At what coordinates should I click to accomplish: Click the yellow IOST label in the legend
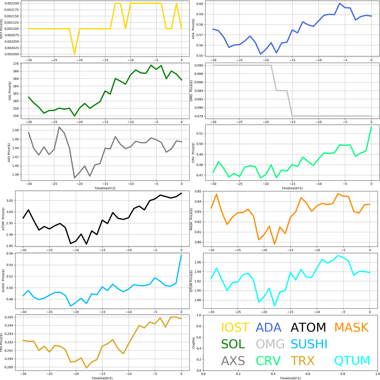coord(235,327)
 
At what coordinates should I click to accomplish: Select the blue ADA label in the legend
coord(271,327)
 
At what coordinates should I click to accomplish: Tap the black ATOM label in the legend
coord(308,327)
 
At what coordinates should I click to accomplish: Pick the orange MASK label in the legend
coord(351,327)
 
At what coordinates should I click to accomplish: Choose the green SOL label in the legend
coord(233,344)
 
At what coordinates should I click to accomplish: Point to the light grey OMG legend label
coord(270,344)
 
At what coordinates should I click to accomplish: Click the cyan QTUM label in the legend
coord(352,360)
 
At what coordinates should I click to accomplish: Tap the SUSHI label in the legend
coord(309,344)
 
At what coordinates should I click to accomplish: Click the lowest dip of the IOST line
coord(75,54)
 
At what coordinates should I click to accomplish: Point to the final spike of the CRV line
coord(371,127)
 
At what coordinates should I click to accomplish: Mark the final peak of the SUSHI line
coord(181,255)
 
